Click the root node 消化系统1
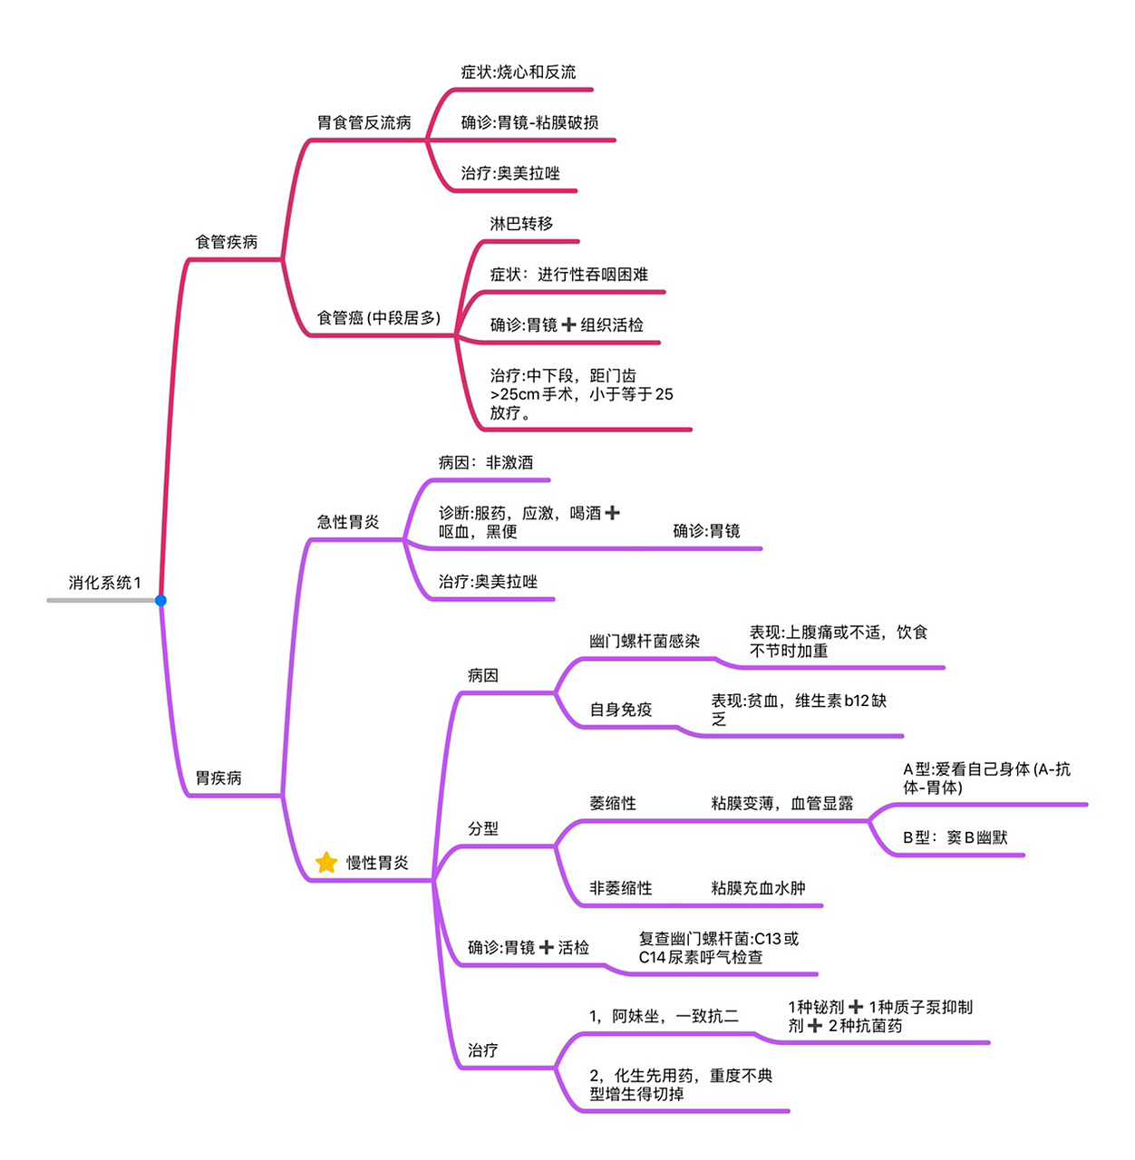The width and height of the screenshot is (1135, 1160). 104,583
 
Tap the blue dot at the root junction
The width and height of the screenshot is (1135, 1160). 160,600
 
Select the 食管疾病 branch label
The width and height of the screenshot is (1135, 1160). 227,242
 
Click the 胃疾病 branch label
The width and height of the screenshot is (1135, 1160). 218,778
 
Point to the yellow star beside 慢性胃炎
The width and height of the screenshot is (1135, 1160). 326,863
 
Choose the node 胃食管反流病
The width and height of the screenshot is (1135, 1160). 364,122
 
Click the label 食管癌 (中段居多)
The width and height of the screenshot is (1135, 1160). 379,318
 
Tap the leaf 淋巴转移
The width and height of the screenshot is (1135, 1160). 521,224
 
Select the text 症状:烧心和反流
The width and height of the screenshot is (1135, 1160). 518,72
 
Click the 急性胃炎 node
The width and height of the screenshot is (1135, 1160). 348,522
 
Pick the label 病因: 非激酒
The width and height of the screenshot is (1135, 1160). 486,462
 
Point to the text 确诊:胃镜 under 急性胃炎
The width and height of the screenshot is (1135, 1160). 706,531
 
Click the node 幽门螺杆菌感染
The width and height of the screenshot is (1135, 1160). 645,642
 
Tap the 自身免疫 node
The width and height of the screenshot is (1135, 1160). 621,710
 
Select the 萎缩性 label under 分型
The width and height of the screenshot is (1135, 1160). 613,803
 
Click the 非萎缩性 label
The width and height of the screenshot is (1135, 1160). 621,888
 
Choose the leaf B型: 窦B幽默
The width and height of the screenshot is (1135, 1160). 956,837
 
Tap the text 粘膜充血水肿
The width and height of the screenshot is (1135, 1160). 758,888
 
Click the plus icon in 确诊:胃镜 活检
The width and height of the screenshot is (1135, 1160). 547,947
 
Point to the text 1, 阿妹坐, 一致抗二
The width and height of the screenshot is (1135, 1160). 664,1016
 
